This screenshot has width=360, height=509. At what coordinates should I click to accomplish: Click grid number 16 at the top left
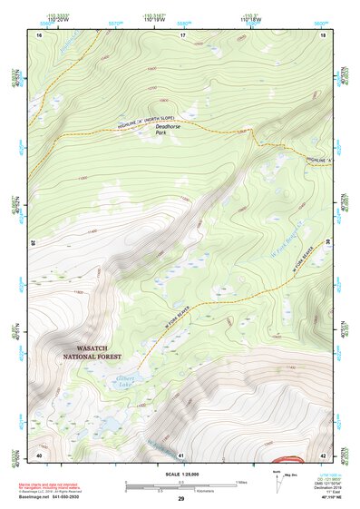39,34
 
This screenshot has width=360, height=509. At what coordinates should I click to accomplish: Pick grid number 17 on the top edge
182,34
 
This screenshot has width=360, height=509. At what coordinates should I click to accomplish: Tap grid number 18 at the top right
324,34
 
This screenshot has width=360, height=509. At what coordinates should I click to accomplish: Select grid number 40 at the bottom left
39,454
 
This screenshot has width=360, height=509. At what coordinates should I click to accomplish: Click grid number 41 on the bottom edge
181,454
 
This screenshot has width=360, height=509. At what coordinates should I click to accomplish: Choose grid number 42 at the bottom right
324,454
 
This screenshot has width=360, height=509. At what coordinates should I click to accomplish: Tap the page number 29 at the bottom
181,499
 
